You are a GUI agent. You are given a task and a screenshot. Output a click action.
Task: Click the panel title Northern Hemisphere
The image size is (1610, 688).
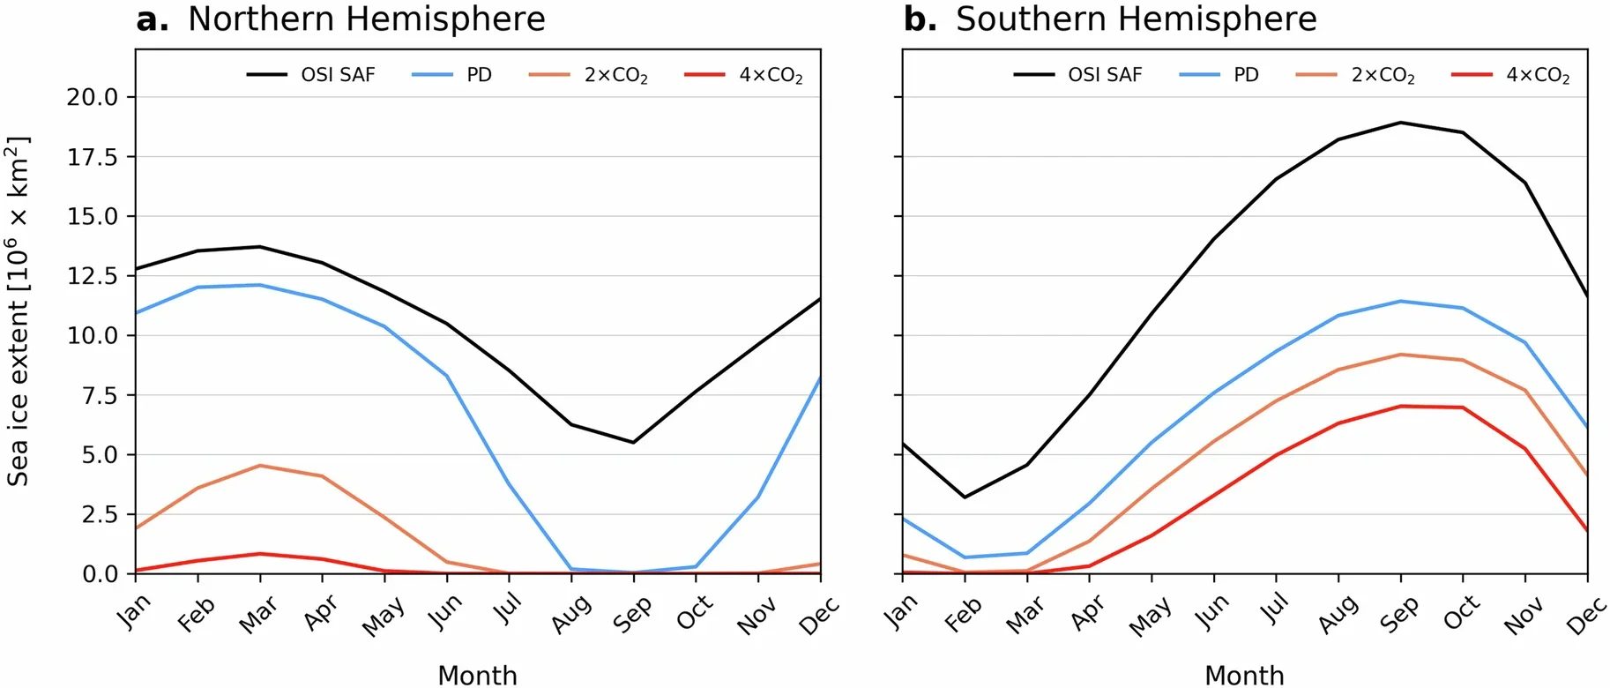pos(366,19)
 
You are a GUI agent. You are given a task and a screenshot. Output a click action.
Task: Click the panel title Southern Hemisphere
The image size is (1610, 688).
pos(1136,19)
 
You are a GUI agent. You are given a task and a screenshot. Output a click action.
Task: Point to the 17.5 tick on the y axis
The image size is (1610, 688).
pos(93,157)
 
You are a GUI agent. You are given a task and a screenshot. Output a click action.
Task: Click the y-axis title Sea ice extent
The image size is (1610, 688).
pos(19,310)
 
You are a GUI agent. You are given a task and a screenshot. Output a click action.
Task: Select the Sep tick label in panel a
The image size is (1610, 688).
pos(632,615)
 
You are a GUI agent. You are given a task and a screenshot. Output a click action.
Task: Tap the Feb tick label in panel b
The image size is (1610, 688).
pos(962,615)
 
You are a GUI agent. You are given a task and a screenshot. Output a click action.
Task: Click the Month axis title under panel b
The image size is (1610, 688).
pos(1243,675)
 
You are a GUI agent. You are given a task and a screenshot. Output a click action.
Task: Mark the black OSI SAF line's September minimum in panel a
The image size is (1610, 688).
pos(633,442)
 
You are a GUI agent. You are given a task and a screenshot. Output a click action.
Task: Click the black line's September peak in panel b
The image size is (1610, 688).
pos(1401,123)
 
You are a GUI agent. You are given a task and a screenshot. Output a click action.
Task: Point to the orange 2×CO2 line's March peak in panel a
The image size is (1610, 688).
pos(259,466)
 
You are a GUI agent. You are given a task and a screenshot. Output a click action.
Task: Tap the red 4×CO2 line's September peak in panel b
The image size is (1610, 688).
pos(1401,407)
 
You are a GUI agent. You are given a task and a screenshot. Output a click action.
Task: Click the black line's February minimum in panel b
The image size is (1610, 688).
pos(965,497)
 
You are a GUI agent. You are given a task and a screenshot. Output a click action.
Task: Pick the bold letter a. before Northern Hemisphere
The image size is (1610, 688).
pos(152,19)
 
